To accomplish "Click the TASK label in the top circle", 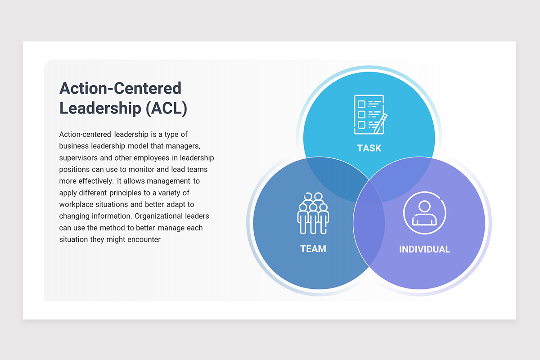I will (x=369, y=148).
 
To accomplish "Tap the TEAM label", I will (x=313, y=248).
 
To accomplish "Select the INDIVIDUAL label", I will (x=424, y=249).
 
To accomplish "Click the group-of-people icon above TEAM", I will (x=313, y=213).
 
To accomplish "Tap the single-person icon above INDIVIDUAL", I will (x=424, y=213).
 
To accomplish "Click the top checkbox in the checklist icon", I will (x=361, y=104).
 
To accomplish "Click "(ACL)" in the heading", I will (x=166, y=109).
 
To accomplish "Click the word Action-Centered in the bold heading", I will (x=120, y=88).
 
